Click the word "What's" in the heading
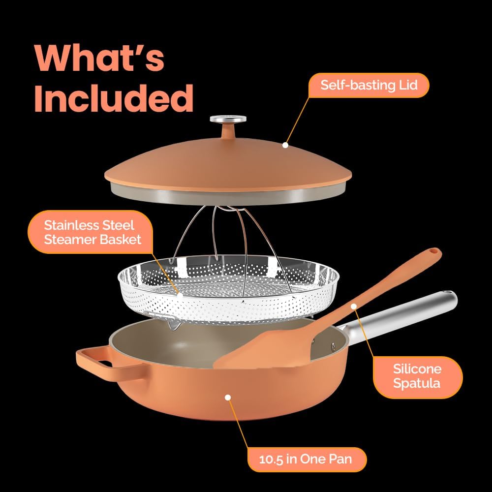[99, 59]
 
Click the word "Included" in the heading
[114, 98]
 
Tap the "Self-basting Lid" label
[369, 85]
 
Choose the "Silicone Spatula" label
[417, 376]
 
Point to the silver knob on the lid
[228, 119]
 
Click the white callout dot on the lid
[285, 145]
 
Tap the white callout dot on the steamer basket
[180, 295]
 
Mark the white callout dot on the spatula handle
[354, 306]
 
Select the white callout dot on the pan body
[228, 398]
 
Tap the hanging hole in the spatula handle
[434, 251]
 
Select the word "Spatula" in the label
[417, 383]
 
